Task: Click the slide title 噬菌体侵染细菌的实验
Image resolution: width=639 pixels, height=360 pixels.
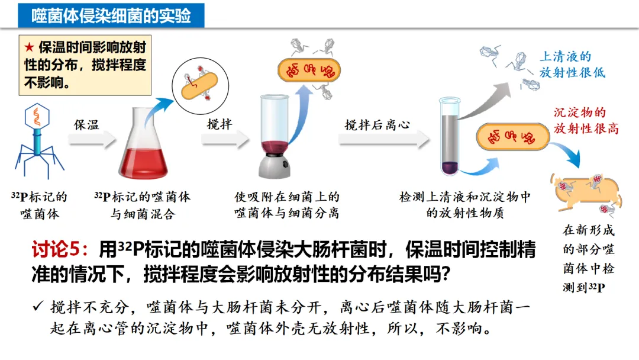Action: [x=111, y=16]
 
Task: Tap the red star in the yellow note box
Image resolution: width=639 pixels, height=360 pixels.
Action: [x=28, y=47]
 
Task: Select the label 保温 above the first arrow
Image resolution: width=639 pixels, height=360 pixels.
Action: [x=86, y=125]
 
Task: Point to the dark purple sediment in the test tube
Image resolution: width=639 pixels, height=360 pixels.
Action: [x=448, y=167]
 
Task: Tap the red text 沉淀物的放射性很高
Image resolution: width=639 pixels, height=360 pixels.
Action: [x=586, y=120]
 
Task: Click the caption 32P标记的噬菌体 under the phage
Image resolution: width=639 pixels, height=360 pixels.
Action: [x=40, y=205]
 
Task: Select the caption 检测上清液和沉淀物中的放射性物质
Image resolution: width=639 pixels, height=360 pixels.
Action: [x=465, y=205]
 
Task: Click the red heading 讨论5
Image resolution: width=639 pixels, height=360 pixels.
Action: [x=58, y=250]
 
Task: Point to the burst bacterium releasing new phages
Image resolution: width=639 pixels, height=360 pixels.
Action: [x=583, y=191]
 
